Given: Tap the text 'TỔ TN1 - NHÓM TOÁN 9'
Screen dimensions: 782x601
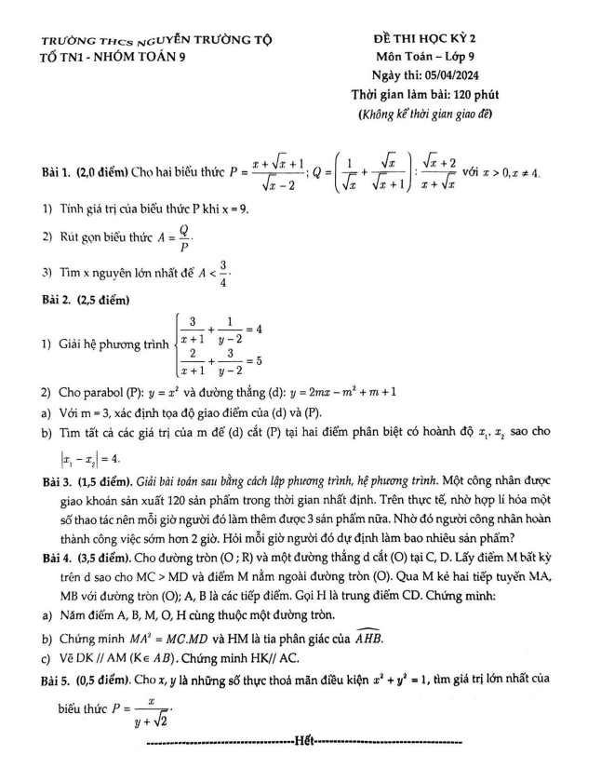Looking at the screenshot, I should [x=107, y=57].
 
